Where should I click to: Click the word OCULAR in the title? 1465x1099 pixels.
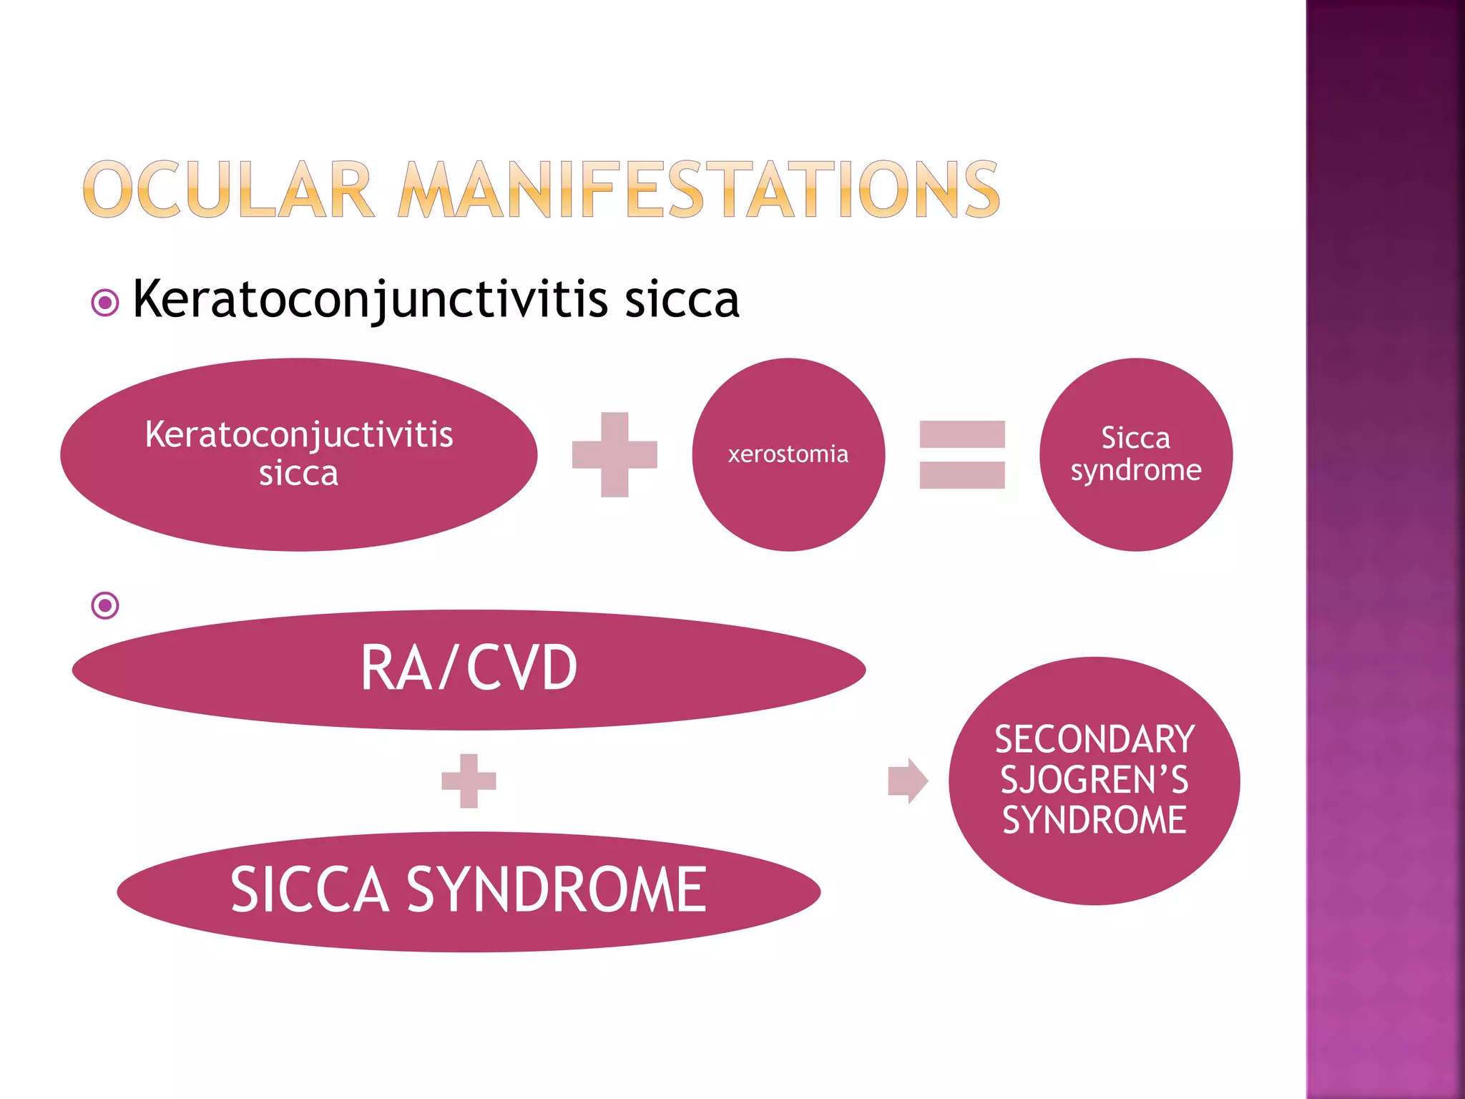tap(229, 190)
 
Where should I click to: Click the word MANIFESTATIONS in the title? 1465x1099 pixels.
tap(698, 190)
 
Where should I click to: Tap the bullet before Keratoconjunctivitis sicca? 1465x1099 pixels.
tap(105, 303)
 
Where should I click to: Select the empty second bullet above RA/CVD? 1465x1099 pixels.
tap(105, 605)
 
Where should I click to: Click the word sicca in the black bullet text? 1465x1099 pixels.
tap(681, 300)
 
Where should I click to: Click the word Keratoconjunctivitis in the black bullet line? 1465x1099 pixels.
tap(371, 300)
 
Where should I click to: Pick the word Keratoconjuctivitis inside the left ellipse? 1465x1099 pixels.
tap(298, 435)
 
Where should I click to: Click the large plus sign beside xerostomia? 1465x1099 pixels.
tap(614, 454)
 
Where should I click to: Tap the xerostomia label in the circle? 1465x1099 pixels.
tap(788, 454)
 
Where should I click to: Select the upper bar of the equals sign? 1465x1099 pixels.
tap(962, 434)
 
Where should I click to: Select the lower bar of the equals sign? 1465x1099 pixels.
tap(962, 475)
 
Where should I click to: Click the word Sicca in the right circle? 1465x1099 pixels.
tap(1135, 438)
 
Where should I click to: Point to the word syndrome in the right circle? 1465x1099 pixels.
tap(1135, 471)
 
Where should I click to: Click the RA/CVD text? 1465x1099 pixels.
tap(469, 668)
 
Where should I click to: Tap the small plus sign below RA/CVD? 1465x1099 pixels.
tap(469, 781)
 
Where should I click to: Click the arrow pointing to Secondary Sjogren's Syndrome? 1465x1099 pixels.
tap(908, 781)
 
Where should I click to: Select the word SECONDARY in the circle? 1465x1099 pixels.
tap(1094, 740)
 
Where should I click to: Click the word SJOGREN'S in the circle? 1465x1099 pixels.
tap(1094, 780)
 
